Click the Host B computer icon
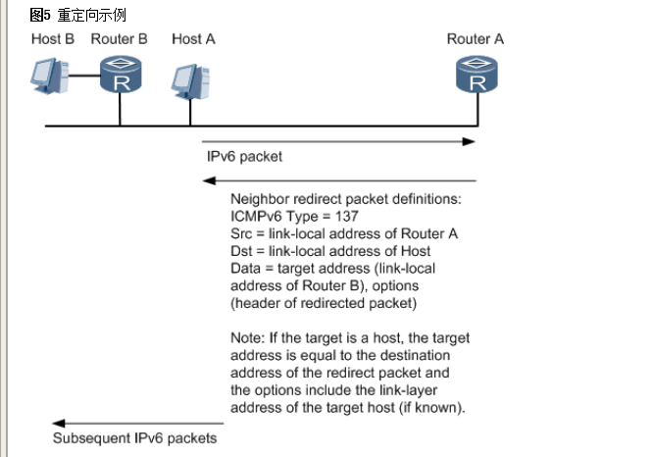(50, 76)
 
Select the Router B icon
(121, 75)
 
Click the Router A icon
(476, 75)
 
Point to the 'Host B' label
(52, 39)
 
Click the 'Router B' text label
(119, 39)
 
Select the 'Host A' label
(193, 39)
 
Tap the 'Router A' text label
(476, 39)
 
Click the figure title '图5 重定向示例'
(77, 16)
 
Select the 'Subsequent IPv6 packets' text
(134, 438)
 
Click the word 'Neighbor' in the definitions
(258, 198)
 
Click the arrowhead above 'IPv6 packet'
(470, 142)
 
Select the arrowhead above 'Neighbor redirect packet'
(209, 180)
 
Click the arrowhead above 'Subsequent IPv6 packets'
(58, 424)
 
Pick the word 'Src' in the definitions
(241, 233)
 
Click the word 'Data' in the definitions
(245, 269)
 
